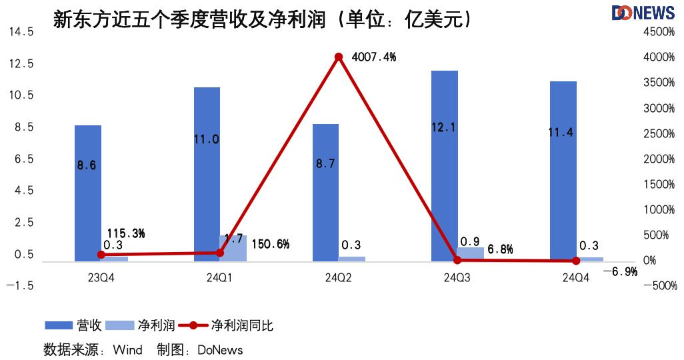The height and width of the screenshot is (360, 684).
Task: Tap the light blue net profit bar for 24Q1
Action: click(x=233, y=247)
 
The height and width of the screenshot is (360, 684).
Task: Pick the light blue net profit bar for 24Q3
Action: click(x=471, y=254)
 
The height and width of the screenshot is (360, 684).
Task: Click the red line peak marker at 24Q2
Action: click(x=339, y=57)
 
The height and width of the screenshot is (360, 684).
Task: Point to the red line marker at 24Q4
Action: click(x=576, y=261)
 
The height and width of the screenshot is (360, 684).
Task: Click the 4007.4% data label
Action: click(x=374, y=57)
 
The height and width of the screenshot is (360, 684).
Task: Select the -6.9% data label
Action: click(x=619, y=272)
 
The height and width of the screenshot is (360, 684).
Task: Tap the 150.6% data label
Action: click(x=270, y=244)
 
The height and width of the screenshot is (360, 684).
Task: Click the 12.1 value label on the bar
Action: click(x=444, y=127)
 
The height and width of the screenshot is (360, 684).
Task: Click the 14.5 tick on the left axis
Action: click(x=21, y=32)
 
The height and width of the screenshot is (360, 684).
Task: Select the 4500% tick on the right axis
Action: click(x=661, y=32)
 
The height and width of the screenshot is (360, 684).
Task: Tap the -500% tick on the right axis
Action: click(x=661, y=286)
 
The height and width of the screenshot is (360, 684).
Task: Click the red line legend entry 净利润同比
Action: click(x=227, y=326)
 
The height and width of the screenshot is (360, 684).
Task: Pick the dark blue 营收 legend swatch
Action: click(x=59, y=326)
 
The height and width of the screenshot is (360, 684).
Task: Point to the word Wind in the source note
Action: click(x=127, y=349)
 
